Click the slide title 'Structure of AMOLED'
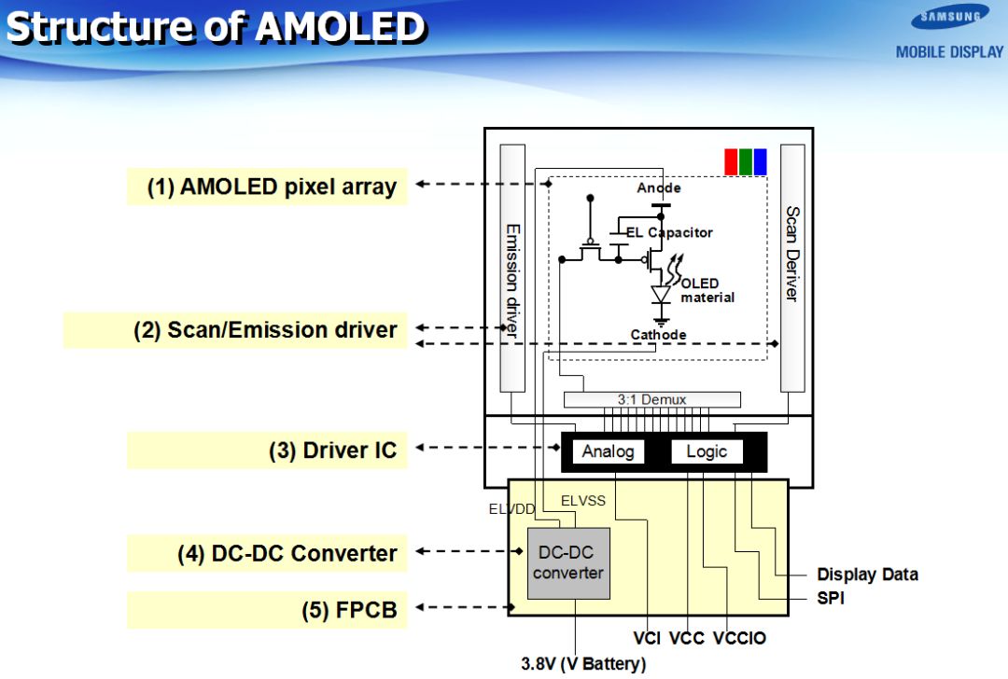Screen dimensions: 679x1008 [217, 28]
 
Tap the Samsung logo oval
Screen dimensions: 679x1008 [951, 17]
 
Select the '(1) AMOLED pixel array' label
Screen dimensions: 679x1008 [272, 187]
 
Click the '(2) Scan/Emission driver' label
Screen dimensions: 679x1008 [265, 330]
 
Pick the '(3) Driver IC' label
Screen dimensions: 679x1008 [333, 450]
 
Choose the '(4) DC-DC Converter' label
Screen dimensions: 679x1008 [287, 553]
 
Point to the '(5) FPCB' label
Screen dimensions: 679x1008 [349, 611]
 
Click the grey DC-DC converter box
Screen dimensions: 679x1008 [568, 563]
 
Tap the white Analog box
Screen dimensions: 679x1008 [608, 451]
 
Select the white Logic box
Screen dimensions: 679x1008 [707, 451]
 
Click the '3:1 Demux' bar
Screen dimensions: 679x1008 [651, 399]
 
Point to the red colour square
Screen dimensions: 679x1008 [732, 161]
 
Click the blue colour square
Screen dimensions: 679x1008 [761, 161]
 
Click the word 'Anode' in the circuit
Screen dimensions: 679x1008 [659, 188]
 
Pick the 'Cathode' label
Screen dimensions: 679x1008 [658, 335]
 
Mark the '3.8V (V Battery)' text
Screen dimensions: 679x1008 [582, 664]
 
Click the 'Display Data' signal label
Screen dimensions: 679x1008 [867, 575]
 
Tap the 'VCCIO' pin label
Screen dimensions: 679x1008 [739, 639]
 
